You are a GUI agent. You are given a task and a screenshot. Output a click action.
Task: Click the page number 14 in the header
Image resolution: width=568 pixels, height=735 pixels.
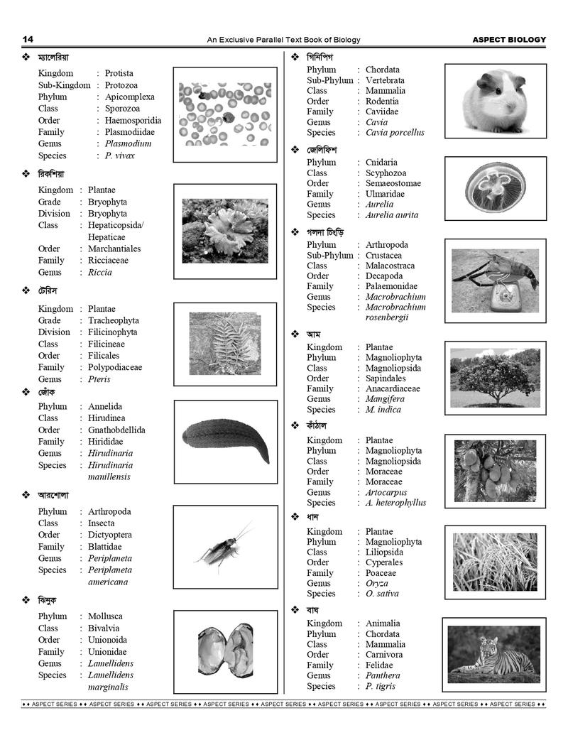point(28,39)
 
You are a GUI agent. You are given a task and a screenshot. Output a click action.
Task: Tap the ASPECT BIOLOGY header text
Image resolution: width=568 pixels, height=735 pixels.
point(509,40)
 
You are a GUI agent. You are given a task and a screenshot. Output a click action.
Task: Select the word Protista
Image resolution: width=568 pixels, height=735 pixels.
point(119,73)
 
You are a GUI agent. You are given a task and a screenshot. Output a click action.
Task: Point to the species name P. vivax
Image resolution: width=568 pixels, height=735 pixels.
point(119,156)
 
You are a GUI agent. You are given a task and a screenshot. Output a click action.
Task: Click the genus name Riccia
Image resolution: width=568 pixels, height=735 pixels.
point(100,272)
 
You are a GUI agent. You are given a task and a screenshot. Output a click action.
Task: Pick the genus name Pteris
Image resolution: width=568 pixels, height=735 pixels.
point(100,379)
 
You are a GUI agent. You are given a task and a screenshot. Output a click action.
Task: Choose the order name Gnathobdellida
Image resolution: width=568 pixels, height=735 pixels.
point(116,430)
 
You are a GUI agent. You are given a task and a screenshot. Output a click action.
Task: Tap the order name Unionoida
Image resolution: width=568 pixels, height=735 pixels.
point(109,640)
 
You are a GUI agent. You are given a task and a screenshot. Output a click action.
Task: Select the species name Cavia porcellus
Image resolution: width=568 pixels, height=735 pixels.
point(395,132)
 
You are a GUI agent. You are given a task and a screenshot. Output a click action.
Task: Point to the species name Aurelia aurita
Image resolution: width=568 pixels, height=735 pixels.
point(392,214)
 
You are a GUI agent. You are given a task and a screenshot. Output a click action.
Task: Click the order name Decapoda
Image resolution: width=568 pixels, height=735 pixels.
point(384,276)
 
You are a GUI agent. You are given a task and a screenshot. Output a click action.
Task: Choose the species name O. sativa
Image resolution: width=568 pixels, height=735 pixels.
point(382,593)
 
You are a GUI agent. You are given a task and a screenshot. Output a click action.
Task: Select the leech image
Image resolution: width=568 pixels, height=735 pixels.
point(225,441)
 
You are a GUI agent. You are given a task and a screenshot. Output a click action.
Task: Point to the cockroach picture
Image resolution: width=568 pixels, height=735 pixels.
point(224,548)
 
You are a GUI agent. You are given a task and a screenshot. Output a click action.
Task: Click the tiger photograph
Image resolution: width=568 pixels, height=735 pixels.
point(495,654)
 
